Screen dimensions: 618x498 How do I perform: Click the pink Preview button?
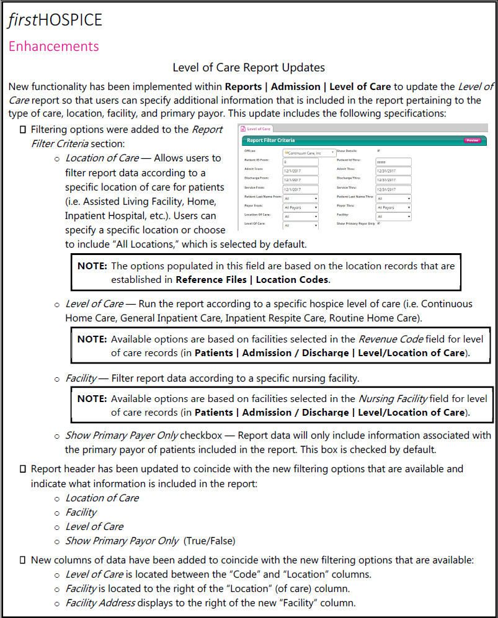[x=473, y=141]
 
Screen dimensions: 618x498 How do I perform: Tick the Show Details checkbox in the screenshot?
[x=378, y=151]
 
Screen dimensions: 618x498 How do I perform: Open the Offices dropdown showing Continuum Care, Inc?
[x=309, y=152]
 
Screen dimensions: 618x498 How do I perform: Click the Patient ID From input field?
[x=300, y=161]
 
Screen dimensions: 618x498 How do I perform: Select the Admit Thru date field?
[x=393, y=171]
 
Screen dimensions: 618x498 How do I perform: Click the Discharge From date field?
[x=300, y=180]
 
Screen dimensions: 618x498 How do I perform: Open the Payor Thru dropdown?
[x=393, y=207]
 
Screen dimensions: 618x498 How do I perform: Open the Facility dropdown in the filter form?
[x=393, y=217]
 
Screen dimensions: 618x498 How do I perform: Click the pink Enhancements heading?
[x=53, y=47]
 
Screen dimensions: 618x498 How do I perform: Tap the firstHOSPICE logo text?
[x=55, y=20]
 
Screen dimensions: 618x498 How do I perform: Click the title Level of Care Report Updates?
[x=249, y=68]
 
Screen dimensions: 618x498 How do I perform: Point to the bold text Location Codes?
[x=292, y=279]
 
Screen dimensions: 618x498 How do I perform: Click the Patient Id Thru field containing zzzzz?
[x=393, y=161]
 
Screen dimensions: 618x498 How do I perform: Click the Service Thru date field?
[x=393, y=189]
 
